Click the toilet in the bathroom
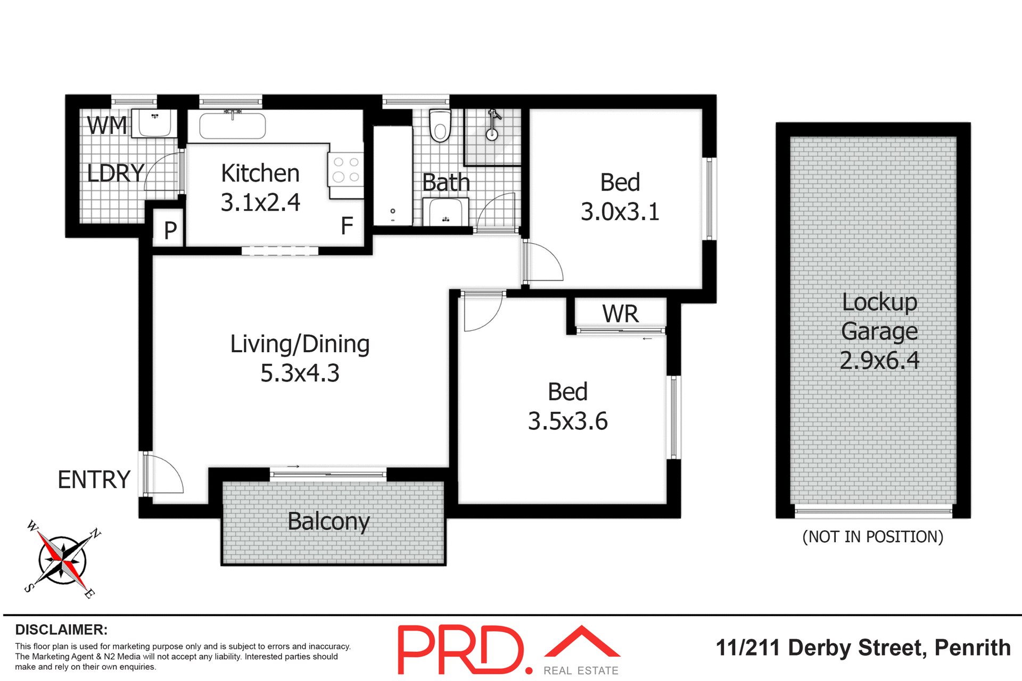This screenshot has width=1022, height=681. [440, 126]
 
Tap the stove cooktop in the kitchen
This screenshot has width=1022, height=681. [345, 169]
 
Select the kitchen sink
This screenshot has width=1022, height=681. [232, 126]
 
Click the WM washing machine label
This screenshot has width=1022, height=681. [107, 126]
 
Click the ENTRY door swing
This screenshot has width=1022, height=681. [163, 475]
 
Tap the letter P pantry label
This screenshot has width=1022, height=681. [170, 230]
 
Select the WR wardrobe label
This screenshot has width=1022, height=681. [620, 314]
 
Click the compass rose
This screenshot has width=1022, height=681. [62, 560]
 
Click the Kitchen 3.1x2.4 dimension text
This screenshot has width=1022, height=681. [260, 202]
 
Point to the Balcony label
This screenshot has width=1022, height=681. [328, 521]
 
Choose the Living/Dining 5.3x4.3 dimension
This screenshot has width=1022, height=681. [300, 373]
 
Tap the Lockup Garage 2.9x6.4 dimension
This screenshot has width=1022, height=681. [879, 360]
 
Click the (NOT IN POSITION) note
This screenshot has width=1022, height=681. [872, 537]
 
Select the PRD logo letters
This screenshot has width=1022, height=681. [461, 650]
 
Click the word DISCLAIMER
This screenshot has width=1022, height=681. [61, 630]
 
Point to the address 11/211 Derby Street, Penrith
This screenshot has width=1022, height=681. [863, 648]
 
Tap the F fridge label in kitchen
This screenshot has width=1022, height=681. [347, 226]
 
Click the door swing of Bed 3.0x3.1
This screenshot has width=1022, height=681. [543, 262]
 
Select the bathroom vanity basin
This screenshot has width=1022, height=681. [446, 212]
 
